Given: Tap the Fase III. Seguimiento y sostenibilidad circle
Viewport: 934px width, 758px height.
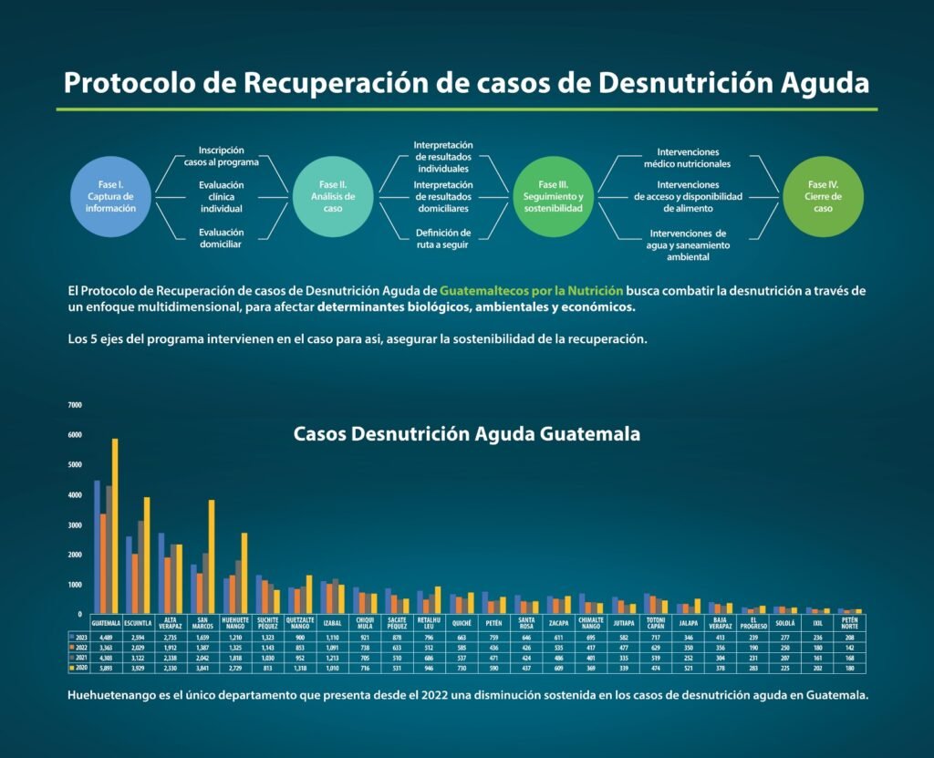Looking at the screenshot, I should click(x=553, y=195).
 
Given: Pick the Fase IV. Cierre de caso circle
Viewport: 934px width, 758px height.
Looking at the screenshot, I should click(x=824, y=195).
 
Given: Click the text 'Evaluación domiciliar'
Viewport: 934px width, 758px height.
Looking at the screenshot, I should click(x=222, y=238).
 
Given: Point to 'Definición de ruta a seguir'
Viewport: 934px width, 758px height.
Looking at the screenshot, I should click(x=443, y=238).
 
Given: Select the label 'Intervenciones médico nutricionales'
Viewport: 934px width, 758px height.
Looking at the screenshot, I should click(x=687, y=157).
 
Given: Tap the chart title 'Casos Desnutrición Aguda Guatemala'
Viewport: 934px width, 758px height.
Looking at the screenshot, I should click(x=466, y=434).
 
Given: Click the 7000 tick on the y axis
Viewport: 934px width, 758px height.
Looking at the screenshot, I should click(x=75, y=404).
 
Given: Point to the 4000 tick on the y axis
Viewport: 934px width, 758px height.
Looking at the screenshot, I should click(x=75, y=494).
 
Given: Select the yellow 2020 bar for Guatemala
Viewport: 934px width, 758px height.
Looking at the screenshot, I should click(x=115, y=526).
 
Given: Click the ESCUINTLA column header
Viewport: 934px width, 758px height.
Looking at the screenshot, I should click(x=138, y=623).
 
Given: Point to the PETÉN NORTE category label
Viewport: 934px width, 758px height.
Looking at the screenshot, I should click(x=850, y=623).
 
